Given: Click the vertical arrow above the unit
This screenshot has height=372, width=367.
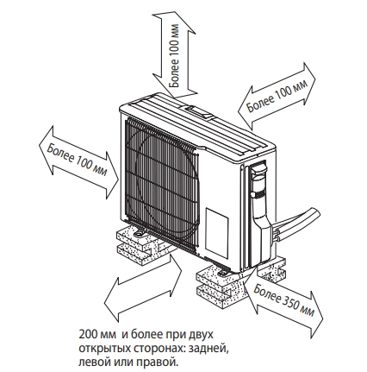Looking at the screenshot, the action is (175, 54).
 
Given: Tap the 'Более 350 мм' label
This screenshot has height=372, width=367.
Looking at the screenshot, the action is (284, 300).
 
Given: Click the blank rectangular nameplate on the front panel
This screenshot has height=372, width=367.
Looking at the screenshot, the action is (217, 234).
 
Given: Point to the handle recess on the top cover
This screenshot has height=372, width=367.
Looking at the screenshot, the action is (200, 111).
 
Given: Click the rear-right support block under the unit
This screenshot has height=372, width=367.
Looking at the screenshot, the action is (272, 267).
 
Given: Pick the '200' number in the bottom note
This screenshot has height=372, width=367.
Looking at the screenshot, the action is (86, 335).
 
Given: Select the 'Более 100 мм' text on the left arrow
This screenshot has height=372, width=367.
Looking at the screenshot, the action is (77, 159).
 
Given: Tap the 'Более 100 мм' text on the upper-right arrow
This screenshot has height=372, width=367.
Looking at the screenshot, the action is (277, 96).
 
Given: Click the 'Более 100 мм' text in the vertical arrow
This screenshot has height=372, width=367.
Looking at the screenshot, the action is (174, 55).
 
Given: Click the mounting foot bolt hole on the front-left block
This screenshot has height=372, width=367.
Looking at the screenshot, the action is (140, 234).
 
